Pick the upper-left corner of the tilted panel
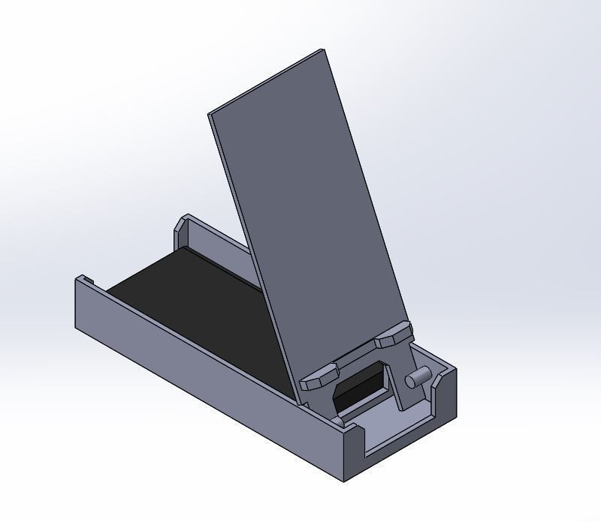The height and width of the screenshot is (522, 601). [x=210, y=112]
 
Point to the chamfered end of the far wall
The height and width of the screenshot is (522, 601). [x=182, y=225]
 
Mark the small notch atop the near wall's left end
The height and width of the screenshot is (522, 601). [x=87, y=280]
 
